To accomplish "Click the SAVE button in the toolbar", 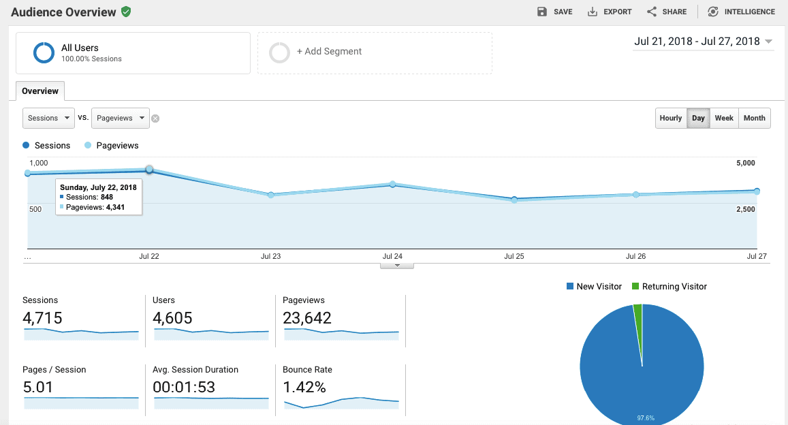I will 554,12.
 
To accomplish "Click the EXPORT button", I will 610,12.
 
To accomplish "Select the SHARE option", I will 667,12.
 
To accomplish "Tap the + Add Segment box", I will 375,52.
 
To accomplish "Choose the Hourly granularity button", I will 671,118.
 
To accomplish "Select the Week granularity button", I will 724,118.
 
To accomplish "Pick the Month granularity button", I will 755,118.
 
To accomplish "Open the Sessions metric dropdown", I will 48,118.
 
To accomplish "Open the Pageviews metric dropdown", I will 121,118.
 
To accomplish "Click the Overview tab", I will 40,91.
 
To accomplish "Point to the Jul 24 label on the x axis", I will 392,257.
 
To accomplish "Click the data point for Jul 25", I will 514,200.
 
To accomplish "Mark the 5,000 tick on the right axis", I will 745,163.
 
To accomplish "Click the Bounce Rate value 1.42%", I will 304,388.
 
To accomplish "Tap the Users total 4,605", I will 173,318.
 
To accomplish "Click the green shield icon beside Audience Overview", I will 126,12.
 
